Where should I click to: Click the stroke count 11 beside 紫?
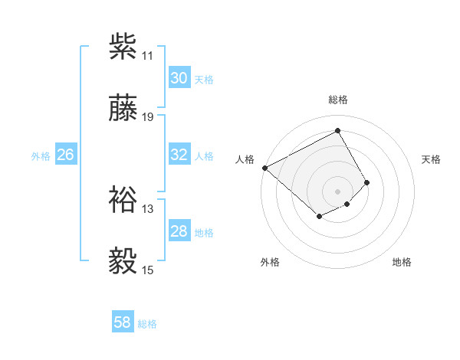[x=148, y=56]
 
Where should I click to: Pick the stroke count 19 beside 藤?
[x=148, y=117]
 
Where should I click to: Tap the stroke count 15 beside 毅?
[x=148, y=270]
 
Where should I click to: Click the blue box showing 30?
[x=179, y=78]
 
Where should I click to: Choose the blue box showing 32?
[x=179, y=155]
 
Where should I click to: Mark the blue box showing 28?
[x=179, y=231]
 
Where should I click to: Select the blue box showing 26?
[x=65, y=155]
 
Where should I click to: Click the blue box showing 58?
[x=123, y=322]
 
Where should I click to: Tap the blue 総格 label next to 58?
[x=147, y=324]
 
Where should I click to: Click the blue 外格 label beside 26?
[x=41, y=156]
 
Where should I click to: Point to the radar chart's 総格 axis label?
[x=338, y=100]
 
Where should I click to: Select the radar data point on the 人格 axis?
[x=264, y=167]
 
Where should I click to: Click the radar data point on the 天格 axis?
[x=367, y=182]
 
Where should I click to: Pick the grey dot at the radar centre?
[x=338, y=191]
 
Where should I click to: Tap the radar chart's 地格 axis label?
[x=402, y=262]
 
